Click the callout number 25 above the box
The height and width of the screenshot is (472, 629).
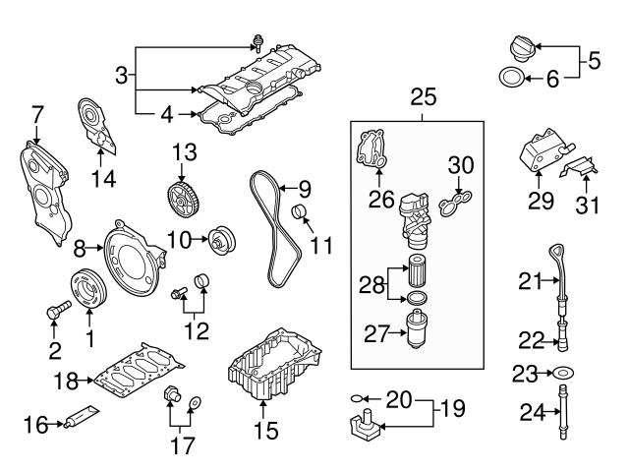(x=424, y=98)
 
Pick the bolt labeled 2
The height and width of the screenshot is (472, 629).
(x=55, y=313)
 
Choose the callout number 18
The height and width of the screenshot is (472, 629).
(x=64, y=377)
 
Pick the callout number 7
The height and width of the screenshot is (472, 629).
(x=36, y=115)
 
